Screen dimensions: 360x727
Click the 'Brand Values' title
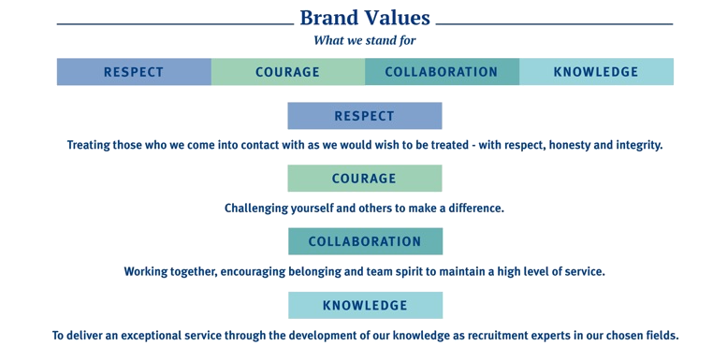(x=365, y=18)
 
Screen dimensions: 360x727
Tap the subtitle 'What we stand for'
(x=365, y=40)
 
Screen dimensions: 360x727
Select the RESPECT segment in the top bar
(x=134, y=72)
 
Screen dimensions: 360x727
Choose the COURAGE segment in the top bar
(x=287, y=72)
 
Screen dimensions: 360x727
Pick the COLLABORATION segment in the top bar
(x=442, y=72)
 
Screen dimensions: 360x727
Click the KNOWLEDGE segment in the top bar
(x=596, y=72)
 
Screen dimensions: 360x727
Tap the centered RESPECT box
(x=365, y=116)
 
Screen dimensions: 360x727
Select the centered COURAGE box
(x=365, y=179)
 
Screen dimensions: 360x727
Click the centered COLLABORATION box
(x=365, y=241)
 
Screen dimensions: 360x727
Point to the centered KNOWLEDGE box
(x=365, y=305)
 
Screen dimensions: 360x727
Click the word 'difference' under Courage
(x=476, y=209)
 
